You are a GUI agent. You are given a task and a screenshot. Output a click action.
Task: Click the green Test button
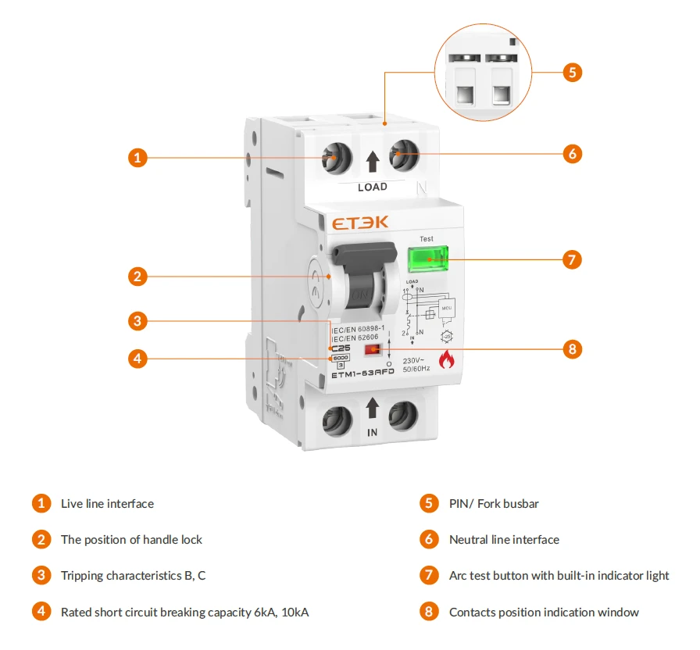[427, 259]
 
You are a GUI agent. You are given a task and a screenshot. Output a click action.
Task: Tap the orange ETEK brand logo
[360, 223]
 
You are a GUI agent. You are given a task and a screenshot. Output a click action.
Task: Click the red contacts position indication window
[373, 350]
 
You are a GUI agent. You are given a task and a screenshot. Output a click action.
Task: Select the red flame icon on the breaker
[446, 360]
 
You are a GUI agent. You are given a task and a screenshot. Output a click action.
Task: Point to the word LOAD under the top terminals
[372, 187]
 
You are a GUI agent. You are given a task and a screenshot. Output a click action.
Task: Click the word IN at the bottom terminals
[372, 432]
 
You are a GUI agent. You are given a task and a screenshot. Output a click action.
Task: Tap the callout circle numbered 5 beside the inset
[573, 73]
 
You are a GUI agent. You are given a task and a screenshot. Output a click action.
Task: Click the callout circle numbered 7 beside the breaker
[573, 259]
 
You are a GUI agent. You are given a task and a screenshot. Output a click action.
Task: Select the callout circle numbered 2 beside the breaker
[137, 276]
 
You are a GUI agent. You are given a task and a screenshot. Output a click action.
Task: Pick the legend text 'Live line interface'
[107, 504]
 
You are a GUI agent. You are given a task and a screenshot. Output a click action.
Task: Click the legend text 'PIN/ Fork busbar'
[494, 504]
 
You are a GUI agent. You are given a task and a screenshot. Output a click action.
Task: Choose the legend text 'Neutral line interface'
[504, 540]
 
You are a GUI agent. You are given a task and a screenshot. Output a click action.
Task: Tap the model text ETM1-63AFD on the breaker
[362, 373]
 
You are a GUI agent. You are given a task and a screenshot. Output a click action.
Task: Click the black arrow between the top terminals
[373, 162]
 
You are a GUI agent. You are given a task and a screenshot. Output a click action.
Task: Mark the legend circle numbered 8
[428, 612]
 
